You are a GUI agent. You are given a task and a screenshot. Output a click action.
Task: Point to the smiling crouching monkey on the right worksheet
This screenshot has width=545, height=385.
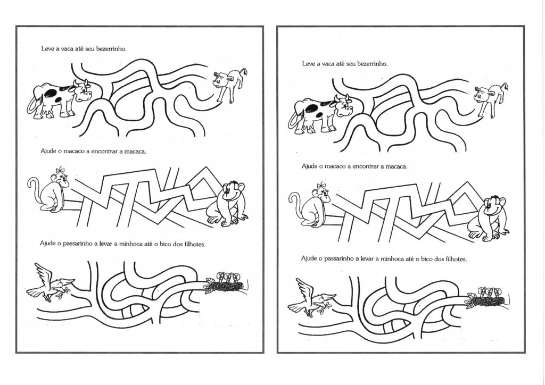[x=489, y=219]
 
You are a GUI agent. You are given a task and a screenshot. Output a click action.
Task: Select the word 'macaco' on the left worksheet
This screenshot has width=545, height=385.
[x=73, y=152]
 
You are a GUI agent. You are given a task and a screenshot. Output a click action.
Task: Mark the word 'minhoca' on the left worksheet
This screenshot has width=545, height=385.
[x=131, y=244]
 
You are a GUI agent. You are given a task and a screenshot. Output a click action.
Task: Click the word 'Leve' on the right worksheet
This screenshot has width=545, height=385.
[x=308, y=64]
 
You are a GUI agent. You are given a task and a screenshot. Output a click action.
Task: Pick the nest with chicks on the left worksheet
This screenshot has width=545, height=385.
[x=226, y=283]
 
